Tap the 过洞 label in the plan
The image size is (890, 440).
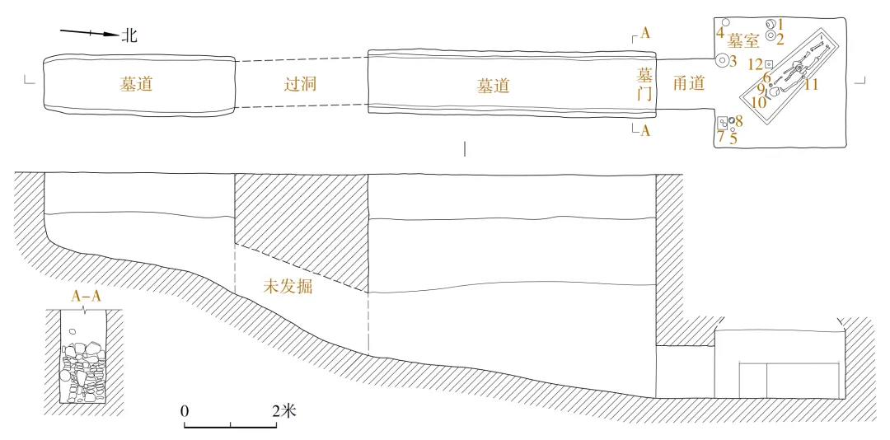coord(301,83)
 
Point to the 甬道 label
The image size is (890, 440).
coord(688,83)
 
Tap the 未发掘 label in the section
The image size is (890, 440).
coord(287,288)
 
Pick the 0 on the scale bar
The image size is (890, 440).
coord(185,410)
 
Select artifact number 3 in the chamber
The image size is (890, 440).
coord(733,60)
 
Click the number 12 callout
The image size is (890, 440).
coord(754,64)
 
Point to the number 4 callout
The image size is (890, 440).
coord(719,34)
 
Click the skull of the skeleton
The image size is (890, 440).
coord(797,67)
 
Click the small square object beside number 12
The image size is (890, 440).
coord(768,63)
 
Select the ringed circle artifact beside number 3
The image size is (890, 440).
coord(722,60)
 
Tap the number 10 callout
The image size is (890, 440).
coord(759,103)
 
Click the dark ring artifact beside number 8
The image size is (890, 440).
coord(731,120)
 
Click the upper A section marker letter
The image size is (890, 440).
coord(645,34)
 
